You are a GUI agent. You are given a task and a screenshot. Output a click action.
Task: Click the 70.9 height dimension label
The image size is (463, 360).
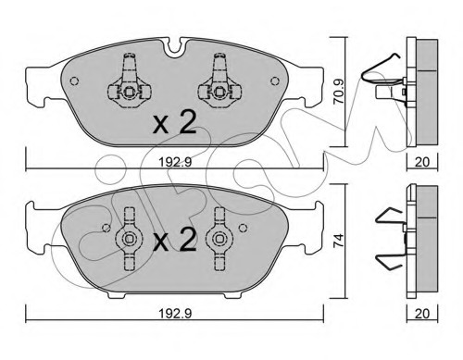pyautogui.click(x=339, y=91)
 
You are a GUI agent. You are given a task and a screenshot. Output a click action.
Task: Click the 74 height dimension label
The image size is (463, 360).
pyautogui.click(x=339, y=240)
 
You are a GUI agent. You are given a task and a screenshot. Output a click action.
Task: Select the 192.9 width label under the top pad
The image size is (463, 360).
pyautogui.click(x=175, y=162)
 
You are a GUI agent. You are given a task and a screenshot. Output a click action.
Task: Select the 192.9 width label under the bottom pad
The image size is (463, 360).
pyautogui.click(x=175, y=314)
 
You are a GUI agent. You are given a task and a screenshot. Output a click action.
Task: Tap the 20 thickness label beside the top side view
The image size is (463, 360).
pyautogui.click(x=422, y=162)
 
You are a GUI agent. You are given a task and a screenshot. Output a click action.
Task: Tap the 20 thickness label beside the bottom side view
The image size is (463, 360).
pyautogui.click(x=422, y=314)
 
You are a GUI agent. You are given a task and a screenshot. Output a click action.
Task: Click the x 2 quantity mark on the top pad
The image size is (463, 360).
pyautogui.click(x=175, y=123)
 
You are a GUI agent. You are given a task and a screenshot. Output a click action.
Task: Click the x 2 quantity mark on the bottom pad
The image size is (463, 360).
pyautogui.click(x=175, y=240)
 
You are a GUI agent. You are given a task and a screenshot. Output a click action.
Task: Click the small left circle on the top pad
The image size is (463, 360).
pyautogui.click(x=74, y=81)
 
